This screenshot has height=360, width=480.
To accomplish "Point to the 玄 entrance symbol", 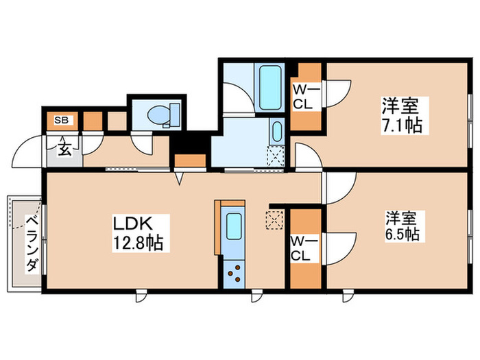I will pos(63,149).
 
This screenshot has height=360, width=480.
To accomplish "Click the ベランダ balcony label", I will pos(32,243).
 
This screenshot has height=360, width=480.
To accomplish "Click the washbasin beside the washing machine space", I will pos(276,131).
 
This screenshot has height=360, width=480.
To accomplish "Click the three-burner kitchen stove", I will pos(234,272).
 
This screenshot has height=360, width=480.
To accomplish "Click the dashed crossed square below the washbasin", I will pos(275,156).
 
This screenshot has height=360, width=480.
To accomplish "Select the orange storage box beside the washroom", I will pos(190,160).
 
